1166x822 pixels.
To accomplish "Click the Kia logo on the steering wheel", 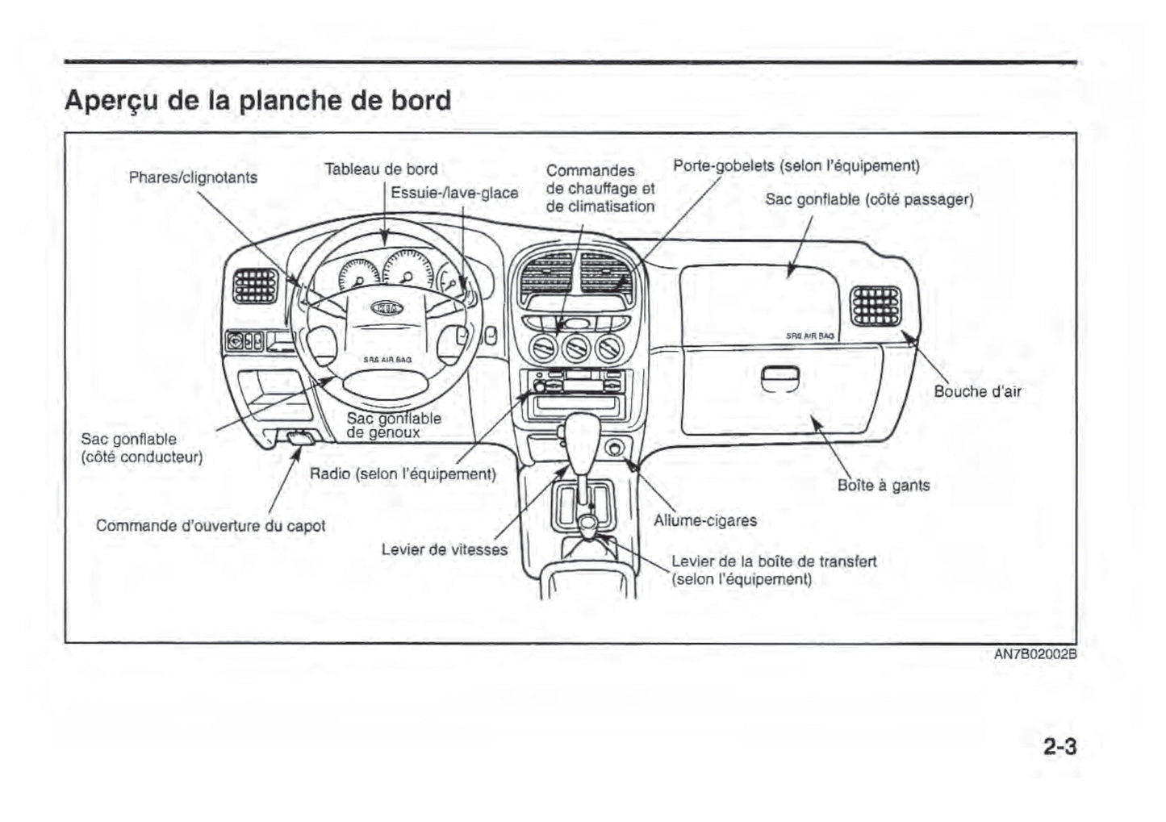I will [387, 308].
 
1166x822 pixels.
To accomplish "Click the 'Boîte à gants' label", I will [884, 486].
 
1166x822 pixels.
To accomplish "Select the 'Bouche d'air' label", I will [977, 392].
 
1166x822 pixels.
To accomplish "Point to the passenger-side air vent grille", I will [876, 306].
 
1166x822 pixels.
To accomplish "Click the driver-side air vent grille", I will [255, 286].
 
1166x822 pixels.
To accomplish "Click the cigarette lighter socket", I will [616, 446].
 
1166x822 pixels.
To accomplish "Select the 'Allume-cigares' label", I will [705, 521].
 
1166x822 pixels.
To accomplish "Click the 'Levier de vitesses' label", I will [445, 550].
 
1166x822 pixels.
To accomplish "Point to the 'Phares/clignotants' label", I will [193, 177].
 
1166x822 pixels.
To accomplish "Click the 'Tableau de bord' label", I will [381, 169].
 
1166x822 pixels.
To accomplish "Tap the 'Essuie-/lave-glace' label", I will [454, 194].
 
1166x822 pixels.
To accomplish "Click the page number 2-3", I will [1059, 747].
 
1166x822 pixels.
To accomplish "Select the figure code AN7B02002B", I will [1035, 654].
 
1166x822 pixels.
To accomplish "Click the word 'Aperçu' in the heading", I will [112, 101].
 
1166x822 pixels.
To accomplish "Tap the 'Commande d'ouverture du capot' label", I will [211, 526].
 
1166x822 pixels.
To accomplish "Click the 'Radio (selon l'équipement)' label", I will [403, 474].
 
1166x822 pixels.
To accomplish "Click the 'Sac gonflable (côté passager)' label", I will [869, 199].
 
